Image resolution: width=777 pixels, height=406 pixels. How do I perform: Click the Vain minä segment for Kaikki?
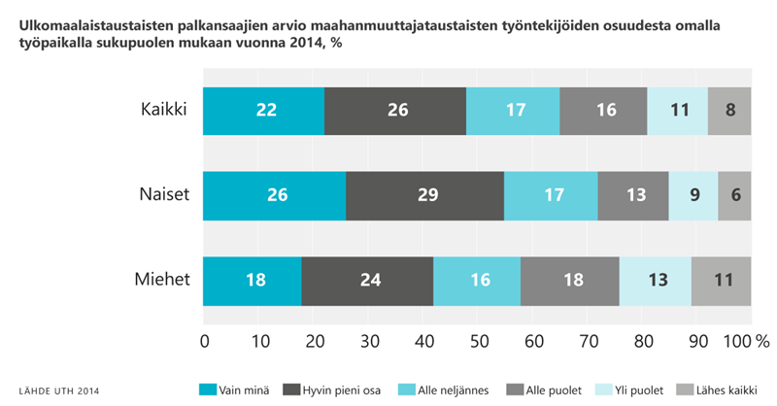click(264, 110)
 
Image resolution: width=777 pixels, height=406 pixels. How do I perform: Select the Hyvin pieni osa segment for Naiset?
click(424, 195)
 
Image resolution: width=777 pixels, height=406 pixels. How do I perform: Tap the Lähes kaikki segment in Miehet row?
click(722, 281)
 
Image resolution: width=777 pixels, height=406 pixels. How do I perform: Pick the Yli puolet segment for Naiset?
click(693, 195)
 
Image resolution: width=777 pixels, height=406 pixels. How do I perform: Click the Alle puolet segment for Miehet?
click(570, 281)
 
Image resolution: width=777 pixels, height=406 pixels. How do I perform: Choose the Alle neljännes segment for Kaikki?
click(513, 110)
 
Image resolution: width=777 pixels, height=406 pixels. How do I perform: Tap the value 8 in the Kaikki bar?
click(729, 110)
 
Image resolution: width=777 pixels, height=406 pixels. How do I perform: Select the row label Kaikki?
click(163, 109)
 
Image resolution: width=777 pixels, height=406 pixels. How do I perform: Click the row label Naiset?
click(162, 194)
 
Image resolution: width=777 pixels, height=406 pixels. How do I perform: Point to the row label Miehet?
click(162, 280)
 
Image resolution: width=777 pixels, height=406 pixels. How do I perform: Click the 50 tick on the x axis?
click(478, 341)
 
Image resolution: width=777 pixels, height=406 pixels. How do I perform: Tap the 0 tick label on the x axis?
click(204, 341)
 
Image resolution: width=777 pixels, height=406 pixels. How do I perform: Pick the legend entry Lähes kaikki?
click(716, 390)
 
